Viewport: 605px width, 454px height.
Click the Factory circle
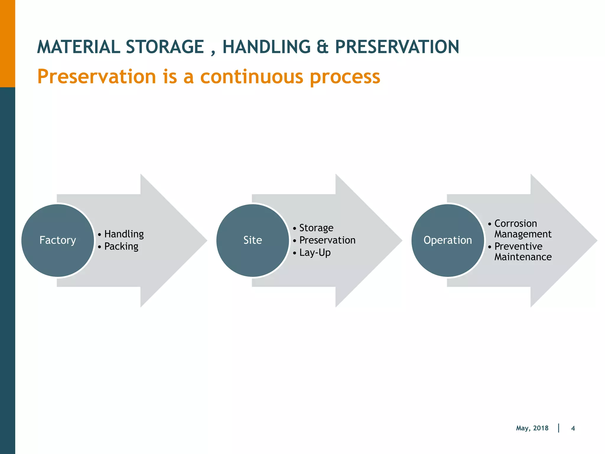(x=58, y=240)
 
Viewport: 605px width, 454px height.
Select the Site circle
(x=253, y=240)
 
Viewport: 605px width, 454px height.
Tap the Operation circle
(x=448, y=240)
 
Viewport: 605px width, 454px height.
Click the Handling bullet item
(x=124, y=234)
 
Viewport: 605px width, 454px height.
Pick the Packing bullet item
(x=121, y=247)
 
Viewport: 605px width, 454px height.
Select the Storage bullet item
(x=316, y=228)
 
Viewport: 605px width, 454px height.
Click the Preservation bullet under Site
(x=327, y=240)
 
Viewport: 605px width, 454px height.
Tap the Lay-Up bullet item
(x=315, y=253)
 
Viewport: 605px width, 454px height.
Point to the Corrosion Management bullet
(x=522, y=228)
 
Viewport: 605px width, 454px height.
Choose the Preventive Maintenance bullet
(x=522, y=252)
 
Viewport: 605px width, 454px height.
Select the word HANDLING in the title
(x=266, y=47)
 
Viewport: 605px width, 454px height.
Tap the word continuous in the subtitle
(x=252, y=77)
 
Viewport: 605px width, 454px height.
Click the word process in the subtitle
(x=345, y=77)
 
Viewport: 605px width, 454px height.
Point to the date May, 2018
(x=532, y=428)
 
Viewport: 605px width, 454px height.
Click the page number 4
(x=573, y=428)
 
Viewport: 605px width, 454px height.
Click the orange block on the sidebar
(x=7, y=43)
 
